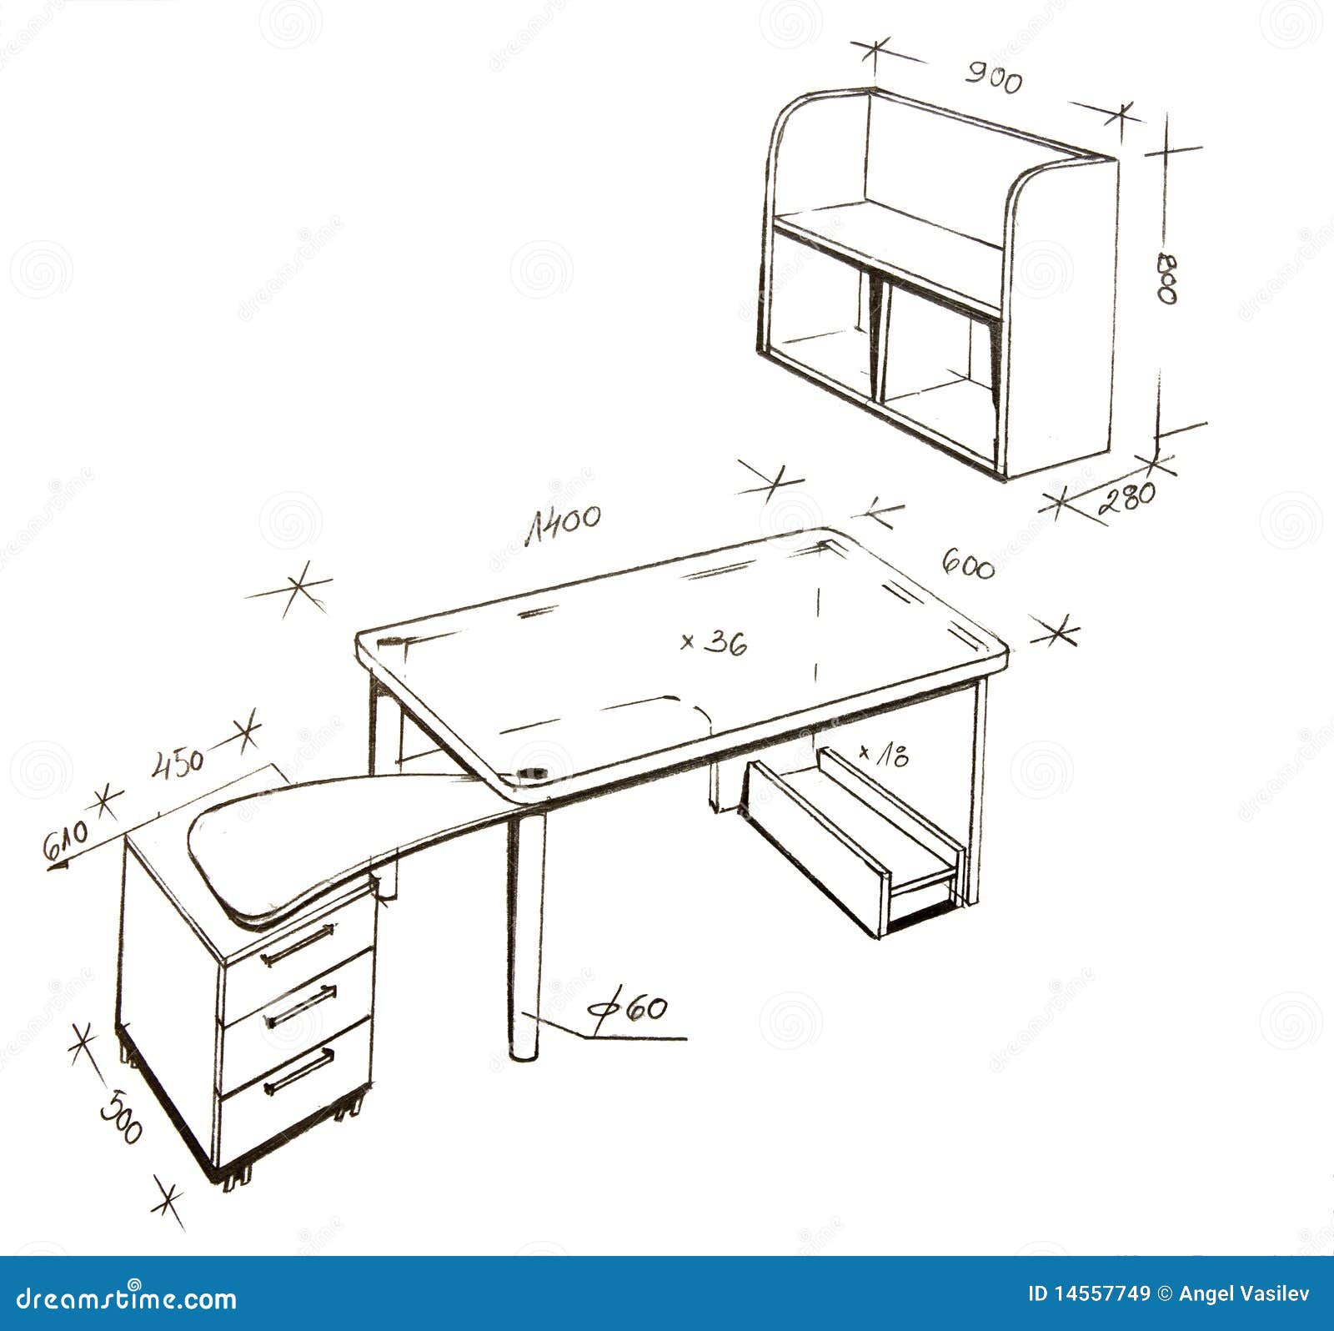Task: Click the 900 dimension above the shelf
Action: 993,78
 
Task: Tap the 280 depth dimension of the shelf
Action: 1127,498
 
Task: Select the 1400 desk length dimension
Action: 563,523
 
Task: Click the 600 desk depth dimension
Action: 968,565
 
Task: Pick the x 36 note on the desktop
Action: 714,642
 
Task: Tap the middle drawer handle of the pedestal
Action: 299,1007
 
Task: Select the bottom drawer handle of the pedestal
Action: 298,1072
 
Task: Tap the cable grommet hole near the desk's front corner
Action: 531,774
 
